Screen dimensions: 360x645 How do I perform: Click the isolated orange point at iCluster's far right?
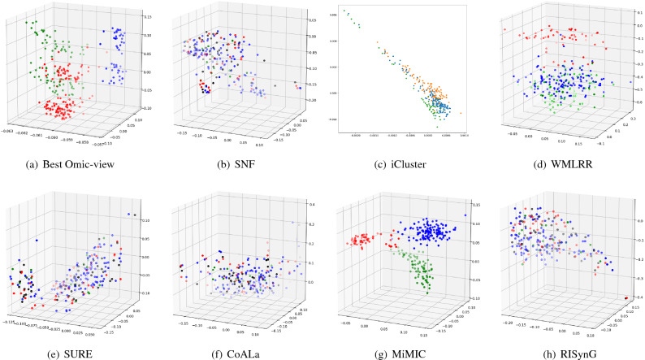click(x=460, y=113)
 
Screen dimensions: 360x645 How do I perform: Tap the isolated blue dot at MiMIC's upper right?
click(x=465, y=215)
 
